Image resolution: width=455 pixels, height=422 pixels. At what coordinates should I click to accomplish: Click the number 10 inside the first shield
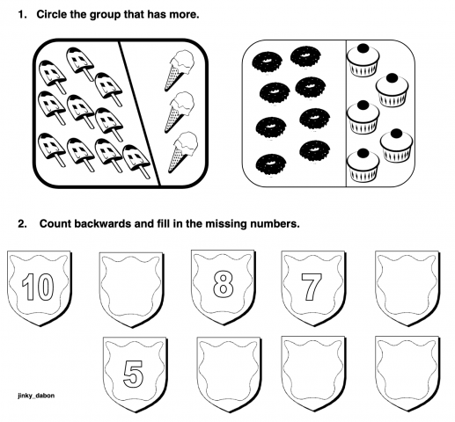click(33, 287)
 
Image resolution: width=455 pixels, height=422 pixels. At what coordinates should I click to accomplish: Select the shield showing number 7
click(311, 286)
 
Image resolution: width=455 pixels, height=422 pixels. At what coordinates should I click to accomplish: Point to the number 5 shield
click(132, 373)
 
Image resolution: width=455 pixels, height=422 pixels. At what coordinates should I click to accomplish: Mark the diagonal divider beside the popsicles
click(136, 110)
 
